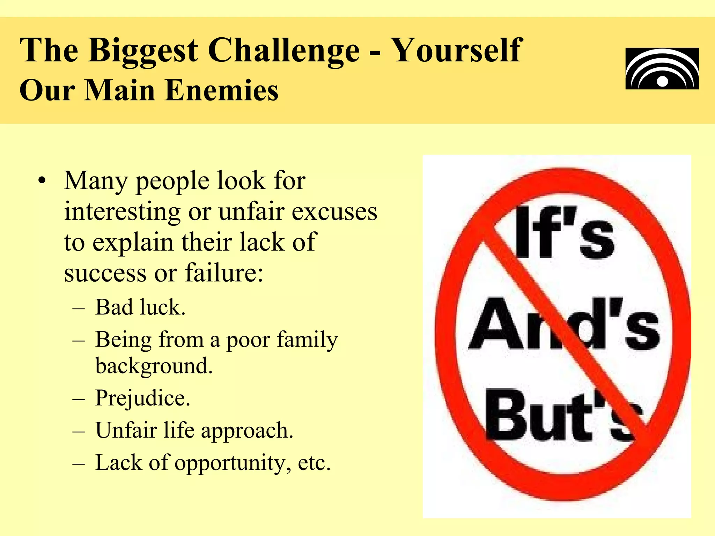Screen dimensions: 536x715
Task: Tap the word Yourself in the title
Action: (x=457, y=51)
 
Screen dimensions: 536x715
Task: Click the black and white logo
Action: (x=662, y=69)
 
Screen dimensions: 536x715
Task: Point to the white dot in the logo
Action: (x=662, y=82)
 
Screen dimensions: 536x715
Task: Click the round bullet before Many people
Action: (x=42, y=181)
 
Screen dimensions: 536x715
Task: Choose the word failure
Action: (x=224, y=273)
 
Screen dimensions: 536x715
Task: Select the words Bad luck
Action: (x=140, y=307)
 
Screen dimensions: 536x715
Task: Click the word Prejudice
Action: (x=142, y=398)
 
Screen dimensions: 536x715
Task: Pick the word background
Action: (x=154, y=366)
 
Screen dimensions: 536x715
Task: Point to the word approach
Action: (x=247, y=431)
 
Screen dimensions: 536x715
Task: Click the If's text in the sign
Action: (x=563, y=232)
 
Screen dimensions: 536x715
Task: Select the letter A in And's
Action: (x=496, y=325)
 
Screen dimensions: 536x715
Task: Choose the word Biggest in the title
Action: (x=143, y=51)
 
